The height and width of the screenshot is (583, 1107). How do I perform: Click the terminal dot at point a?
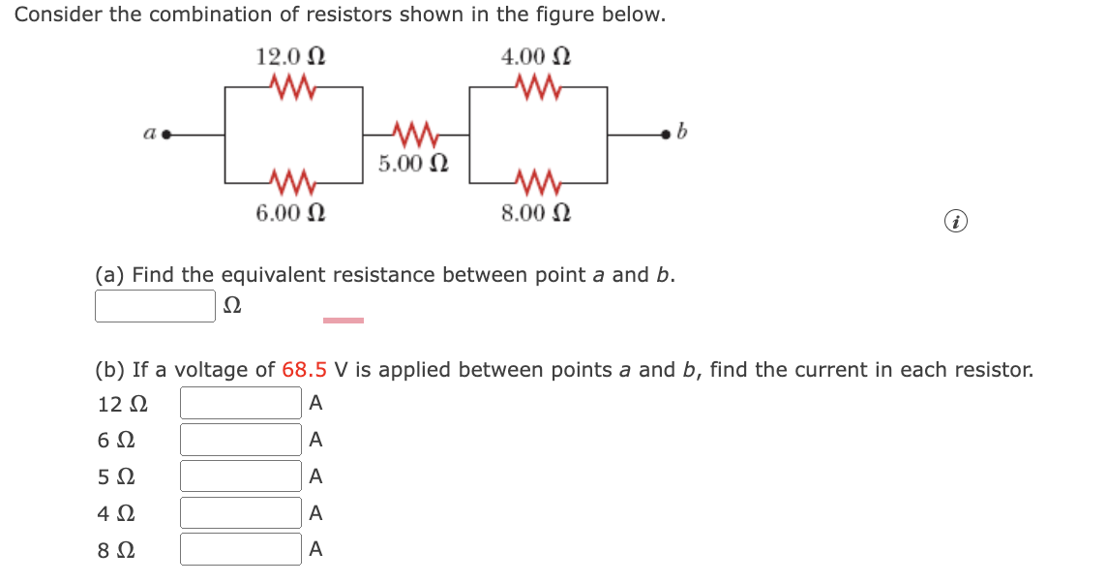point(165,135)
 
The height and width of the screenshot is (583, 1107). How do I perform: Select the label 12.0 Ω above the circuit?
point(290,56)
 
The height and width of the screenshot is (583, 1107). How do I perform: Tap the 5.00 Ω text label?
point(413,162)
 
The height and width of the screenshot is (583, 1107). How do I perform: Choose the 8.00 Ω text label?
point(535,212)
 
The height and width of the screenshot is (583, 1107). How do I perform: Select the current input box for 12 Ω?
point(241,403)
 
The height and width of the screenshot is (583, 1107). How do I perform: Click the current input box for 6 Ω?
point(241,440)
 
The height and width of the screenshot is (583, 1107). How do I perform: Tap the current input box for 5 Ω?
point(241,476)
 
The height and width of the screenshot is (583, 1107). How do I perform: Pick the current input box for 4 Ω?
point(241,513)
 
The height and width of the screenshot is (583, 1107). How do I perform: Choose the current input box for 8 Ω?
point(241,549)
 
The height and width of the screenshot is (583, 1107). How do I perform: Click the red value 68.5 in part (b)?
point(304,369)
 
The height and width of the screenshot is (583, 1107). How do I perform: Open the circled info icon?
point(956,223)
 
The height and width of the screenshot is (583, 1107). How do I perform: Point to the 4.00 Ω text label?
point(535,56)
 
